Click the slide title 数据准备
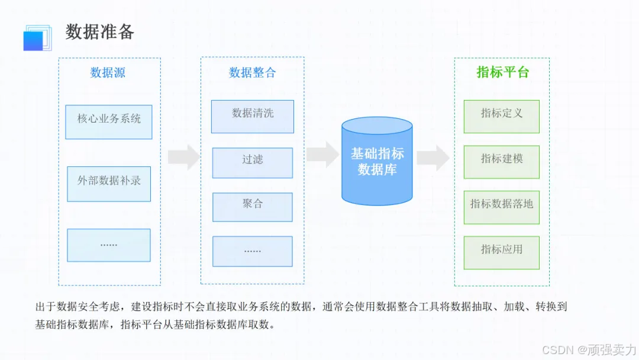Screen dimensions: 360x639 pyautogui.click(x=100, y=31)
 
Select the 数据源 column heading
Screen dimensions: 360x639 pyautogui.click(x=108, y=73)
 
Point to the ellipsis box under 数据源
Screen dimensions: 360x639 pyautogui.click(x=109, y=245)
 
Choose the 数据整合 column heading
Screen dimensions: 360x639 pyautogui.click(x=253, y=73)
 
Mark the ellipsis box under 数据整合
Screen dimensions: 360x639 pyautogui.click(x=253, y=251)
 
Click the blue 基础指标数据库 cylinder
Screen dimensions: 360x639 pyautogui.click(x=377, y=161)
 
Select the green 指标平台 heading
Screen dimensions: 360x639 pyautogui.click(x=502, y=72)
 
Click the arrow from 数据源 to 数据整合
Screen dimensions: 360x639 pyautogui.click(x=184, y=157)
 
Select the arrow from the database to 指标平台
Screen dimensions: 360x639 pyautogui.click(x=433, y=157)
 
